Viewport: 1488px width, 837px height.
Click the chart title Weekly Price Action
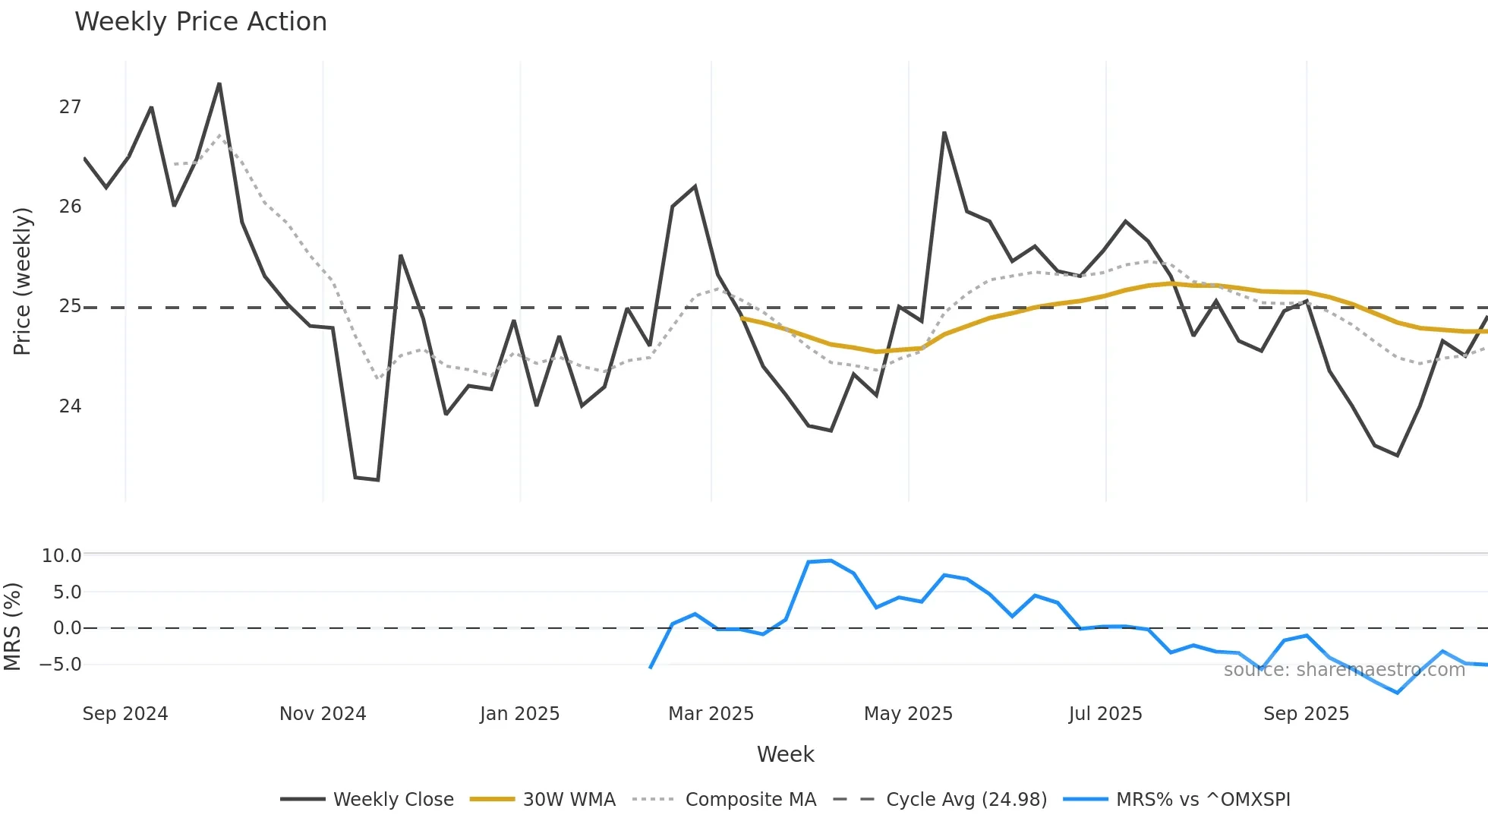200,22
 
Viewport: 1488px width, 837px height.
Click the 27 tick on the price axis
70,107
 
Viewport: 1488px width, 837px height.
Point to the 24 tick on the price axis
70,406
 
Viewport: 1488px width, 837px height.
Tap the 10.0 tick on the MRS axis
61,556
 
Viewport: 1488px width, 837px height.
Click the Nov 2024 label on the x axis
323,714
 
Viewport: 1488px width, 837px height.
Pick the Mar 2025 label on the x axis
711,714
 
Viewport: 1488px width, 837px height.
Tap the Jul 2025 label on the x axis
1105,714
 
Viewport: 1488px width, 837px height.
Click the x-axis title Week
785,754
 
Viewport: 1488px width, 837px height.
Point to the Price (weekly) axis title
23,281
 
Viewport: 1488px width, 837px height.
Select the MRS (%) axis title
13,627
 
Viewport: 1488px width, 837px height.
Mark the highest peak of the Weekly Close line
219,84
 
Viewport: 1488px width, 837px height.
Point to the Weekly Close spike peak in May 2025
944,133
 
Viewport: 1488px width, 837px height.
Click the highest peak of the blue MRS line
831,561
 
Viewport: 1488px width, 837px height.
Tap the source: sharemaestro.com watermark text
1344,670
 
